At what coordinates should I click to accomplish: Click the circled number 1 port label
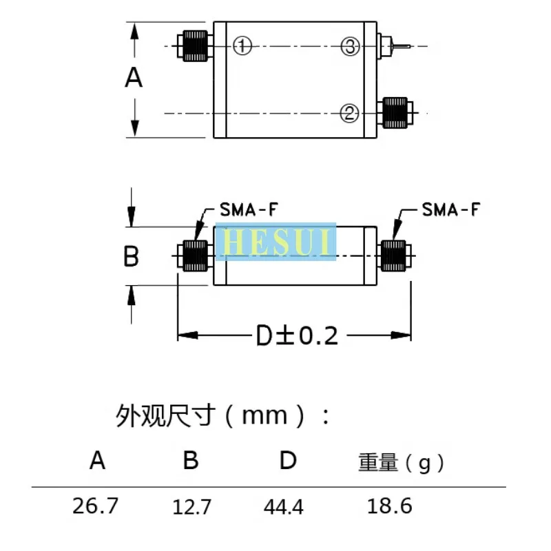point(241,46)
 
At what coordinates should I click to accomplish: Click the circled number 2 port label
point(350,112)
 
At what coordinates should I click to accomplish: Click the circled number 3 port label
point(350,46)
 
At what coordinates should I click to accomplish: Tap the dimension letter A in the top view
point(134,78)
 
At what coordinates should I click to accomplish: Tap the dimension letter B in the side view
point(131,257)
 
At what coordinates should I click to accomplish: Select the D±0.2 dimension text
point(297,335)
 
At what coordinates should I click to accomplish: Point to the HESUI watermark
point(275,242)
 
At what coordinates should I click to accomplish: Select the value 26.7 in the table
point(96,506)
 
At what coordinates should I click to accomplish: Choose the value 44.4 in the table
point(283,508)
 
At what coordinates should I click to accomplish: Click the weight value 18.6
point(389,506)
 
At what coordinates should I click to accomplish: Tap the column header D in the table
point(287,460)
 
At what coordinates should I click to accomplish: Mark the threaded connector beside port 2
point(395,112)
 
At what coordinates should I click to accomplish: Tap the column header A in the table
point(98,460)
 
